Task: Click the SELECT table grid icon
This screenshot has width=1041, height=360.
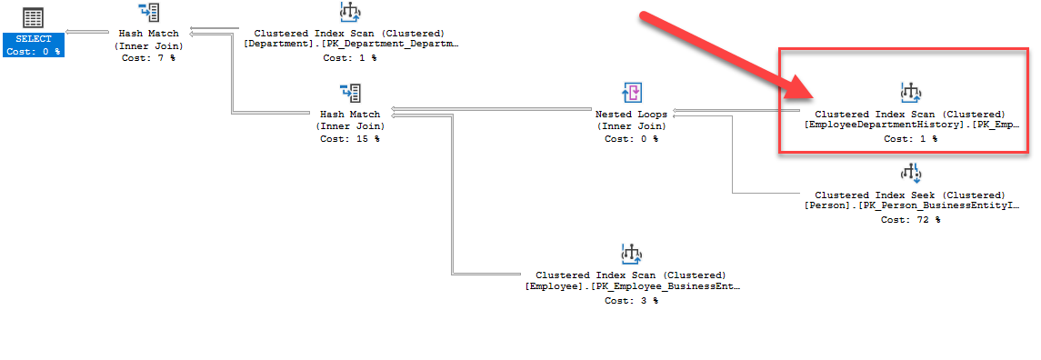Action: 35,17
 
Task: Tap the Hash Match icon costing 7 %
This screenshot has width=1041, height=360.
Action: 150,13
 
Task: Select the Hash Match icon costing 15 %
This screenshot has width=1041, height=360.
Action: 350,93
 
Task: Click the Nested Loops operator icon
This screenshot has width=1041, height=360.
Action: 631,93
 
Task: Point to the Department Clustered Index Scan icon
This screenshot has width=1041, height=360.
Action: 349,13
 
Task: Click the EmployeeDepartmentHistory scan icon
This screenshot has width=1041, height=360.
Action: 910,93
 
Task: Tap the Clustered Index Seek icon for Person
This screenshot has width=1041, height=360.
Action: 910,174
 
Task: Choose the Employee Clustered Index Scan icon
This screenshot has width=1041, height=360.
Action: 631,254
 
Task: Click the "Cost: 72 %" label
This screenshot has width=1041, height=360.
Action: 910,219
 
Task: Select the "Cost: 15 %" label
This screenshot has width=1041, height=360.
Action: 350,139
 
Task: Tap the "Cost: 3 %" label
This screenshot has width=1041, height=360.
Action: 631,300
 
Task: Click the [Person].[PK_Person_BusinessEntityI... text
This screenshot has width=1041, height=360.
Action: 912,206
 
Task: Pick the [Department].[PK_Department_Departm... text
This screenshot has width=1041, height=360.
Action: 351,44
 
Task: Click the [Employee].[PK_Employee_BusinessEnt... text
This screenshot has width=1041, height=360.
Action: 633,286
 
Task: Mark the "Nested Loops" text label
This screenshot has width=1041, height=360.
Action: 631,115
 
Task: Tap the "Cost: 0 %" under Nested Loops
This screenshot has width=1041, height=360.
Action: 631,139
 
